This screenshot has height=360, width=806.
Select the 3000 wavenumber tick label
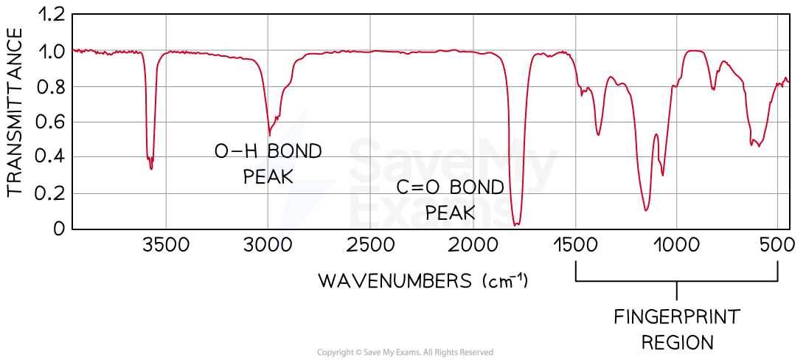tap(267, 245)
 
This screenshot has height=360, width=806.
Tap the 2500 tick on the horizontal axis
tap(369, 245)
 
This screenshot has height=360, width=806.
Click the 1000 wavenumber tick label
tap(676, 245)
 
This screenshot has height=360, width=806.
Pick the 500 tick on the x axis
tap(777, 245)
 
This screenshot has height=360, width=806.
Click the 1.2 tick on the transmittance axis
tap(50, 15)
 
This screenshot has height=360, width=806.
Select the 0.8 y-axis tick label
tap(50, 86)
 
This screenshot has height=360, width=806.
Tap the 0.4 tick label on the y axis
tap(50, 157)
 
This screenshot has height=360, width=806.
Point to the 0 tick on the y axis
tap(59, 229)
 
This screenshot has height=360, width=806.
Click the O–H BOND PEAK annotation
tap(268, 164)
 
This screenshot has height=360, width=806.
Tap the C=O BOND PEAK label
tap(450, 199)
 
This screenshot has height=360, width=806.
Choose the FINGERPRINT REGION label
tap(676, 329)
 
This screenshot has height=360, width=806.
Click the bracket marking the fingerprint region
tap(675, 281)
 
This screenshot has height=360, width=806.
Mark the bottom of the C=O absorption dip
tap(516, 224)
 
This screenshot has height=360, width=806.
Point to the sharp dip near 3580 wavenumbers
tap(151, 167)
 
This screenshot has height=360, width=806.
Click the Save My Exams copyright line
tap(405, 353)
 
